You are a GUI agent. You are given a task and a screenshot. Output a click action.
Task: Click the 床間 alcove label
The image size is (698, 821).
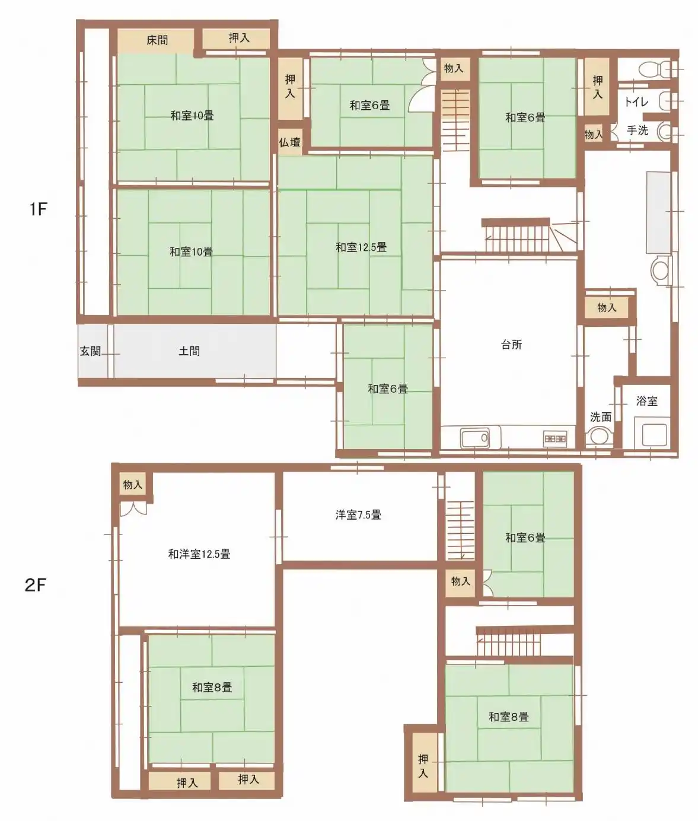tap(157, 40)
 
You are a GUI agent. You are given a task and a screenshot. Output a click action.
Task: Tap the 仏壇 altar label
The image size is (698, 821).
tap(289, 142)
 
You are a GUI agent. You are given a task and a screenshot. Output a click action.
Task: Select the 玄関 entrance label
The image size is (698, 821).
tap(90, 351)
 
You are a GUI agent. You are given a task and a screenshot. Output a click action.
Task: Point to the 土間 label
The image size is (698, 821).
tap(189, 351)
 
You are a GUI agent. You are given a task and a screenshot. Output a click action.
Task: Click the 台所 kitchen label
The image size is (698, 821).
tap(511, 345)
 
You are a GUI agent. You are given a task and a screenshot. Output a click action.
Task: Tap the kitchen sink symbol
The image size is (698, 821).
tap(475, 438)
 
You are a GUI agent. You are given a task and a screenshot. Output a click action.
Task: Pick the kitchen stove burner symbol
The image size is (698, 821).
tap(555, 438)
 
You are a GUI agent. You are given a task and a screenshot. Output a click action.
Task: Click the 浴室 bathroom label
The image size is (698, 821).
tap(647, 401)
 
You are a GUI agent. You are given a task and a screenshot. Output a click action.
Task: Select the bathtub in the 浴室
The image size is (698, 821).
tap(654, 435)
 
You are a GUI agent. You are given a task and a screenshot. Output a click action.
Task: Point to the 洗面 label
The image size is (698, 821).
tap(600, 417)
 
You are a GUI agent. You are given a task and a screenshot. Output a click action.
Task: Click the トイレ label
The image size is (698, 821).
tap(636, 102)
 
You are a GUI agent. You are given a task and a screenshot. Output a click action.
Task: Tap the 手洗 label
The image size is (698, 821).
tap(638, 130)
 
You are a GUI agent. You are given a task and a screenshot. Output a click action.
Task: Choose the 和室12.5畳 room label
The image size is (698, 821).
tap(361, 247)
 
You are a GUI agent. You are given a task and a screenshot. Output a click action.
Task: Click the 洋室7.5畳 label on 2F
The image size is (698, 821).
tap(358, 515)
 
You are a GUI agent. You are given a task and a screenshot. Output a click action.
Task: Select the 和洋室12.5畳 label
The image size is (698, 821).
tap(199, 553)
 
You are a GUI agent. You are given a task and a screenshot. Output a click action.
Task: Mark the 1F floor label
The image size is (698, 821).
tap(38, 209)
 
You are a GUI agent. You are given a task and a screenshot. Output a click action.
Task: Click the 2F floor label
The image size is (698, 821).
tap(36, 585)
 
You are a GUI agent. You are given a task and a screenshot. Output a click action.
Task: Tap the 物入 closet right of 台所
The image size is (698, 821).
tap(606, 307)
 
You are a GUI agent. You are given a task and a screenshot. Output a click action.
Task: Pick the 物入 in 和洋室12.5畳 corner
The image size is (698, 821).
tap(132, 484)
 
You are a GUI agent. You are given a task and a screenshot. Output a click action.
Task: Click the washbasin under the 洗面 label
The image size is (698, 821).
tap(599, 437)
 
